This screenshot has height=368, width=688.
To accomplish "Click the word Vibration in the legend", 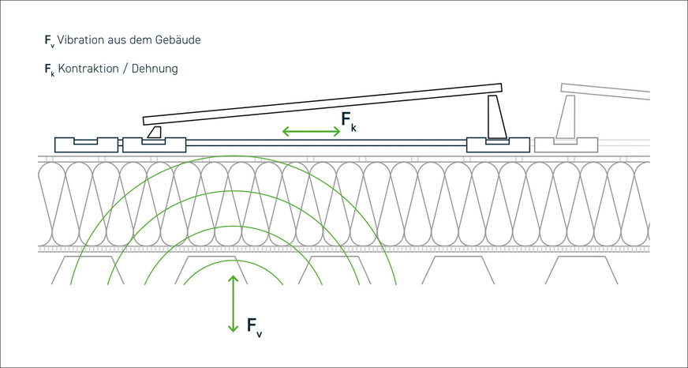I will (x=80, y=39).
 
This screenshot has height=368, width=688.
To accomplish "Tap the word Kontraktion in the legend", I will (x=85, y=69).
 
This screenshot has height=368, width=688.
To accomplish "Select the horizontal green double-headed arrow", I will (x=311, y=131).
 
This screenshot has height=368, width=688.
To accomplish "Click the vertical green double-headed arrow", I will (x=233, y=303).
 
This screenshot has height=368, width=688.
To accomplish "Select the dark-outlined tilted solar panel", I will (x=323, y=103).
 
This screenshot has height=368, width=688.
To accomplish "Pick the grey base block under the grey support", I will (x=566, y=145).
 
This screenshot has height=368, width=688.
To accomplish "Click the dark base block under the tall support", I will (x=498, y=145).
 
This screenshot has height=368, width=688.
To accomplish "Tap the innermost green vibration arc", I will (x=233, y=261).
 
